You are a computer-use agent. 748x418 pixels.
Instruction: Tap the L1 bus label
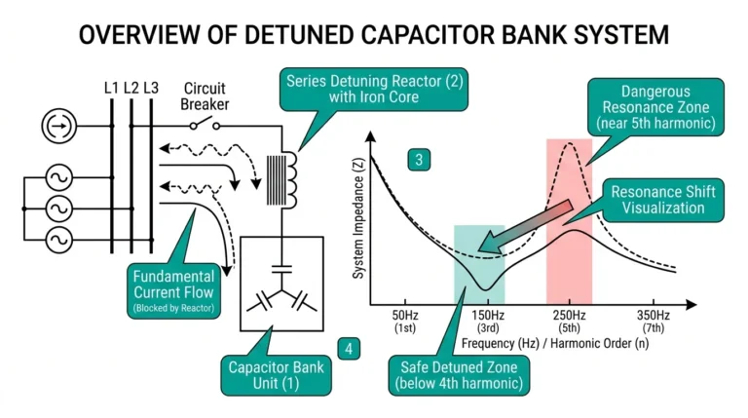point(110,88)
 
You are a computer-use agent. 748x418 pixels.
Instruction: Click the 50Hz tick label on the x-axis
point(405,322)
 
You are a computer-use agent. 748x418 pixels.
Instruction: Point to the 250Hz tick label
point(569,322)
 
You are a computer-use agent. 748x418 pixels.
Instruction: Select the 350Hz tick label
point(654,322)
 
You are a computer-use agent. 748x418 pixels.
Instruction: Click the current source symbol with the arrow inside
point(57,126)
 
